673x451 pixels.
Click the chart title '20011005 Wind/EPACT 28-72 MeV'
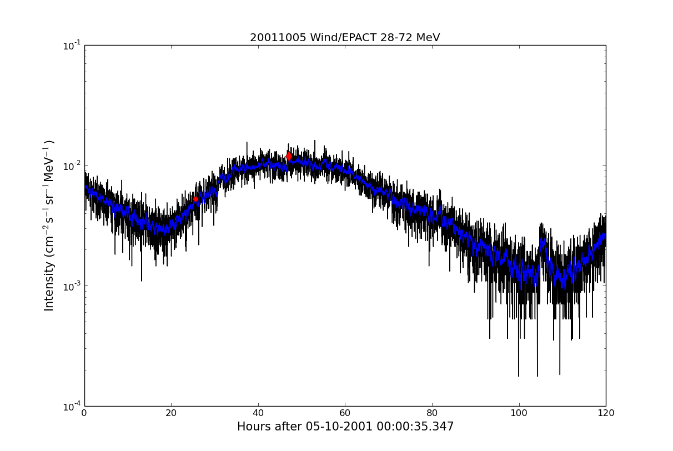click(344, 38)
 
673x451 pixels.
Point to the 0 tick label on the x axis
click(84, 413)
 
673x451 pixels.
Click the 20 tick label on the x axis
click(171, 413)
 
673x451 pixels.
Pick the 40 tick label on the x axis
click(258, 413)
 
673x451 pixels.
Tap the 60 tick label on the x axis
click(345, 413)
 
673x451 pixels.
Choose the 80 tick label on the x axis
click(432, 413)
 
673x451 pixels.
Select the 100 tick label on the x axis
click(519, 413)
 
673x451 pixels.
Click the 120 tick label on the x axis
click(606, 413)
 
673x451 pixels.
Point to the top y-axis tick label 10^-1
click(72, 45)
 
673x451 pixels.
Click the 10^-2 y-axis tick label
click(72, 166)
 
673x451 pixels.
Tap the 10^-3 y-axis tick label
click(72, 285)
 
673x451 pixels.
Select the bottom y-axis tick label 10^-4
click(72, 406)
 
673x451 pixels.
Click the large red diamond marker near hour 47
click(289, 156)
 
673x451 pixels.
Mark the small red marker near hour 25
click(195, 199)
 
